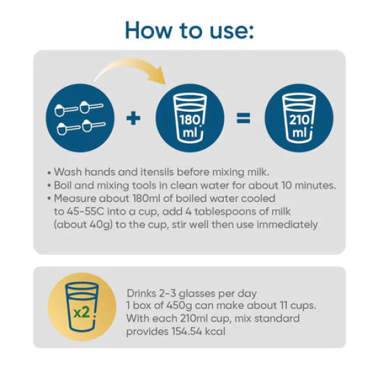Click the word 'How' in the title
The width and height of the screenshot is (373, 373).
click(149, 31)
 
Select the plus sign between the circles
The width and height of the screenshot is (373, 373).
click(133, 118)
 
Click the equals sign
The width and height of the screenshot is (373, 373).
click(243, 118)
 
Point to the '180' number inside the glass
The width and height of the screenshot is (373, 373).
click(189, 120)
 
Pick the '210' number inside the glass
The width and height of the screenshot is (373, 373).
click(299, 120)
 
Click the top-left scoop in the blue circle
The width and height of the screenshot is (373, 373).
click(66, 110)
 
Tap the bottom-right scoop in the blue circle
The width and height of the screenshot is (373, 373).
click(94, 125)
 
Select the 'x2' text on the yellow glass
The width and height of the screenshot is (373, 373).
click(81, 313)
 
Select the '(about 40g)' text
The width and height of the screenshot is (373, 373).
click(83, 225)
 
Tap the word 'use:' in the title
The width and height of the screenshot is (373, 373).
click(232, 31)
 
